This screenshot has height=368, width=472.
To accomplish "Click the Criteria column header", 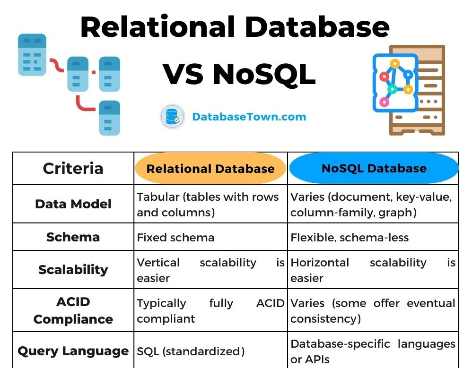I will tap(73, 168).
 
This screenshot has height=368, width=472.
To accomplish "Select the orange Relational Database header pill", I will tap(210, 169).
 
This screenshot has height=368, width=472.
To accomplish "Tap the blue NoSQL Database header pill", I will tap(374, 168).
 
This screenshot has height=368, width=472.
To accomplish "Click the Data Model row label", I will tap(73, 204).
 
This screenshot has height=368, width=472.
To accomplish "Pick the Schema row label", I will tap(73, 237).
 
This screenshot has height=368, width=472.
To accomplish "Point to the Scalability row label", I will tap(73, 270).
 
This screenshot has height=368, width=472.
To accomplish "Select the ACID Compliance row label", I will tap(73, 310).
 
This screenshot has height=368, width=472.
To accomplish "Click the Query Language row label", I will tap(73, 351).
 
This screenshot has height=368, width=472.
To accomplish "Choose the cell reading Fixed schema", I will tap(175, 237).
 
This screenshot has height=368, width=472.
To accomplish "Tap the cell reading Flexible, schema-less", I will tap(350, 237).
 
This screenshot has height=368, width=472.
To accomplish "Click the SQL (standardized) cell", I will tap(191, 351).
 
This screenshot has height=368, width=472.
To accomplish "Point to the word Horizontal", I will tap(320, 263).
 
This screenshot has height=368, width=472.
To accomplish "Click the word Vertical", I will tap(158, 263).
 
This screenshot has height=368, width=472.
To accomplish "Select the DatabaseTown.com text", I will tap(249, 117).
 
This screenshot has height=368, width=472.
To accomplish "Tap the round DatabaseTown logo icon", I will tap(172, 117).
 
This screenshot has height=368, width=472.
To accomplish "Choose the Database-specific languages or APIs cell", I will tap(373, 351).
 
